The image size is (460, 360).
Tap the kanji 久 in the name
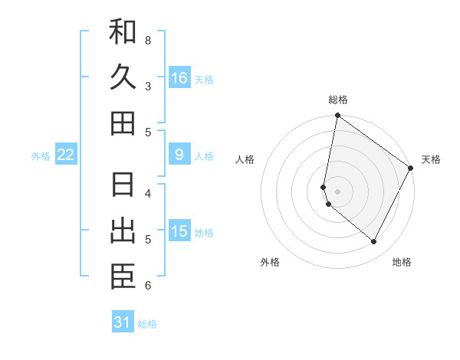[x=123, y=77]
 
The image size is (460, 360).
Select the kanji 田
[x=123, y=123]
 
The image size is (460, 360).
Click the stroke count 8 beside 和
[x=148, y=39]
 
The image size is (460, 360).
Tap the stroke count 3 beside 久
[x=148, y=86]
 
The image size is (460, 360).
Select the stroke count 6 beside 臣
[x=148, y=286]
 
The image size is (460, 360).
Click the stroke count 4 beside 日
[x=148, y=193]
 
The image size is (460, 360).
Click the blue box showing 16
[x=179, y=77]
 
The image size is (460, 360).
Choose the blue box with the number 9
[x=179, y=155]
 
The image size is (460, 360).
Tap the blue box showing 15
[x=179, y=231]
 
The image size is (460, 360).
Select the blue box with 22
[x=66, y=155]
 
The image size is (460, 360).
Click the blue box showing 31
[x=123, y=322]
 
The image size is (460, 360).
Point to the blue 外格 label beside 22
[x=41, y=155]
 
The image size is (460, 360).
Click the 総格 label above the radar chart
[x=338, y=100]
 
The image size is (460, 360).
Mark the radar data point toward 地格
[x=374, y=242]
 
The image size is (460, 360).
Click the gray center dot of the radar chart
[x=338, y=191]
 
